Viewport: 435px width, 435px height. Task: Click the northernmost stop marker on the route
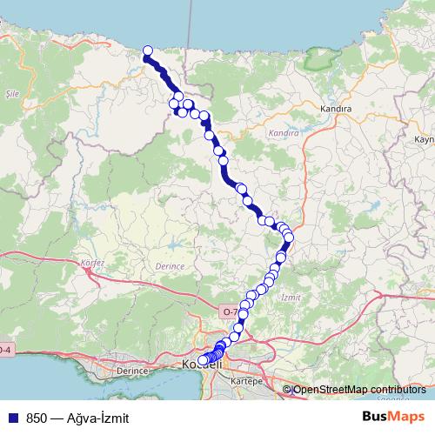point(148,50)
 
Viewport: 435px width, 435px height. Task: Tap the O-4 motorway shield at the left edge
point(4,350)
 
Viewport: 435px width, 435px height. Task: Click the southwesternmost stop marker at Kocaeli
point(203,359)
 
